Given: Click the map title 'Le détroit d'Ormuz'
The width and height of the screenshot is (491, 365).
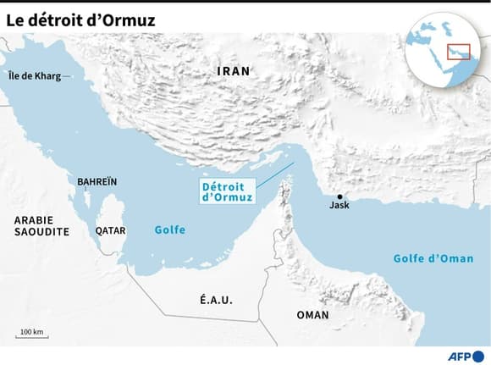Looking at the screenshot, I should pyautogui.click(x=81, y=19).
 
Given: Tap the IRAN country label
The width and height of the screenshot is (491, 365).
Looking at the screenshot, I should pyautogui.click(x=233, y=71).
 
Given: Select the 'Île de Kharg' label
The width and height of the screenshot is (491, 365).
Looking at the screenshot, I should pyautogui.click(x=34, y=76).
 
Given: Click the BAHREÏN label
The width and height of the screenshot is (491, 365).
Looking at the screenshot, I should pyautogui.click(x=97, y=182).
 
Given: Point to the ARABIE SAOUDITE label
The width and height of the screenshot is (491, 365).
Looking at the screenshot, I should pyautogui.click(x=41, y=225).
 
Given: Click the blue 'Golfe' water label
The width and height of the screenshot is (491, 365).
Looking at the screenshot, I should pyautogui.click(x=169, y=230).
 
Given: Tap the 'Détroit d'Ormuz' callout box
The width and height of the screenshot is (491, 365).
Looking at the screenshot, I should pyautogui.click(x=227, y=191).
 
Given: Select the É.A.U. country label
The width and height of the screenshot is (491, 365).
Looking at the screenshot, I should pyautogui.click(x=216, y=301).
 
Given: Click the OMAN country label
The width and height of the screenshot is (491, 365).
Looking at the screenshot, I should pyautogui.click(x=312, y=315).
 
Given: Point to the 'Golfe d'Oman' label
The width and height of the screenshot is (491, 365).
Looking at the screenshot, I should pyautogui.click(x=433, y=258).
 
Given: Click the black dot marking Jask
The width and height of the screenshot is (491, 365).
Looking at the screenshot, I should pyautogui.click(x=339, y=196).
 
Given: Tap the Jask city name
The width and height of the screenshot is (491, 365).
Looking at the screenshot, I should pyautogui.click(x=339, y=206).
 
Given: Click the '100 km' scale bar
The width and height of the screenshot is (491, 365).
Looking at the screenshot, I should pyautogui.click(x=32, y=337).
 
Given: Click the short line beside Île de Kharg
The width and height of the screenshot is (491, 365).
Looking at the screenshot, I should pyautogui.click(x=68, y=76).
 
